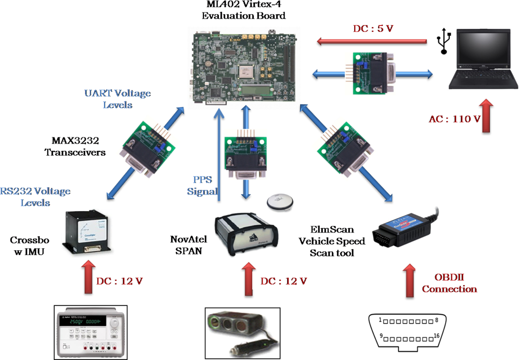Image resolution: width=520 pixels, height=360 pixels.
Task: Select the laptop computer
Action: click(x=484, y=60)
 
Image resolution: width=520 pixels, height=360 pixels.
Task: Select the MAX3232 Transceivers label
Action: click(x=77, y=147)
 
